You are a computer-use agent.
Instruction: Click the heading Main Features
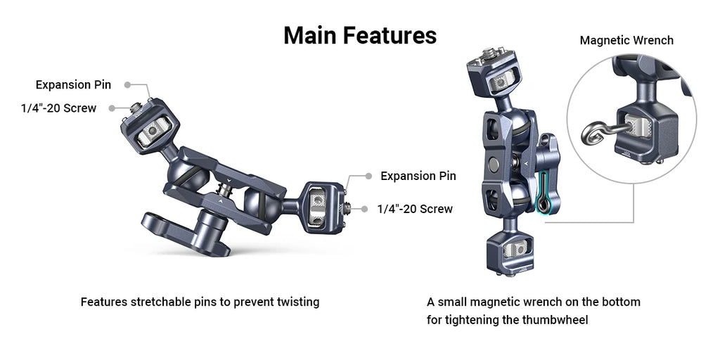tap(359, 35)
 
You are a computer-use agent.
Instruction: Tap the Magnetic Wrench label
tap(626, 40)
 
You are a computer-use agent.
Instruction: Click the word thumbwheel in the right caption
tap(554, 320)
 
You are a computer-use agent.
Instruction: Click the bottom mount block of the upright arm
tap(508, 252)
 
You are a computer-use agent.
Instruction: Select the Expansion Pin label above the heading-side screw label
tap(73, 85)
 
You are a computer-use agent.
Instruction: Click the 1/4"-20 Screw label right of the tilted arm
tap(415, 209)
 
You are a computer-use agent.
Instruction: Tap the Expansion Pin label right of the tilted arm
tap(418, 176)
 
